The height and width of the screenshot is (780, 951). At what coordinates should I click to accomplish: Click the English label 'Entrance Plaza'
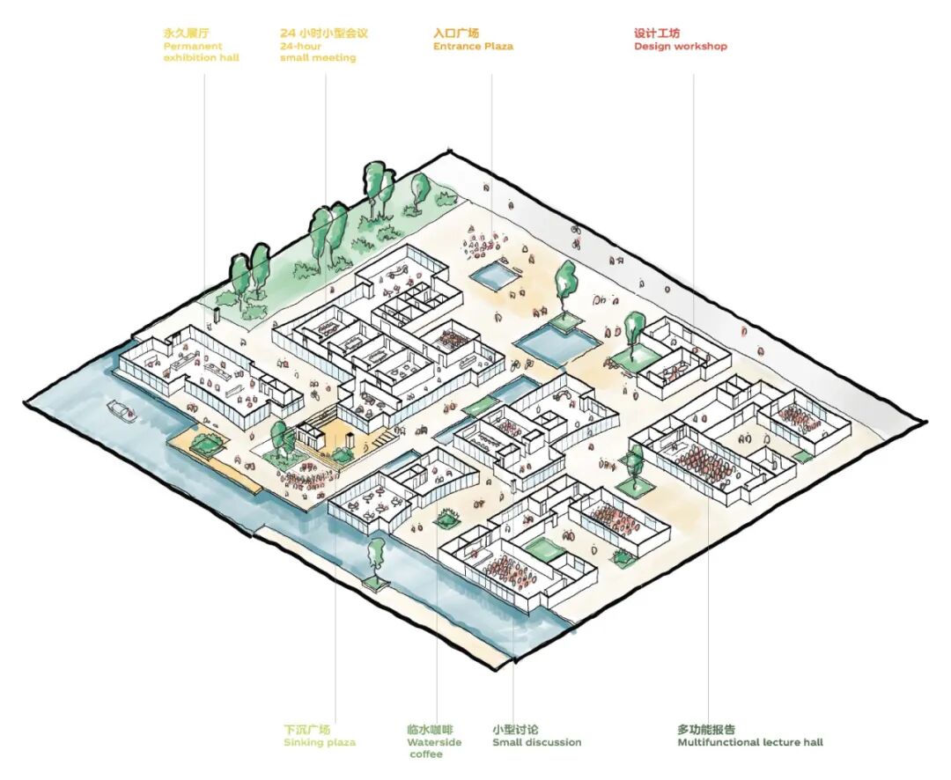pos(473,46)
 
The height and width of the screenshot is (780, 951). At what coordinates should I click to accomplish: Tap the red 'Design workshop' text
pos(681,46)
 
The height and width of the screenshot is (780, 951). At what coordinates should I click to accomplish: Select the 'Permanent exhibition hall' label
pos(201,52)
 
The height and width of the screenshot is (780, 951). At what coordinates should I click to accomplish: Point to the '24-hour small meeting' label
pos(318,52)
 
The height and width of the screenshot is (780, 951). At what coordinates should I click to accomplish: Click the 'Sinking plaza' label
pos(320,742)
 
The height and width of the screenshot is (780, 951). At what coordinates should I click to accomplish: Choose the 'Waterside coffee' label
pos(433,747)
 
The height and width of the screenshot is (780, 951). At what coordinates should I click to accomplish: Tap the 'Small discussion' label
pos(536,742)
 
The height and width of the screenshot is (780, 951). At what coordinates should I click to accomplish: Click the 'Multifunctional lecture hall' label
pos(750,742)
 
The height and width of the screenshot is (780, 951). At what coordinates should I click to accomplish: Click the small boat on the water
pos(120,408)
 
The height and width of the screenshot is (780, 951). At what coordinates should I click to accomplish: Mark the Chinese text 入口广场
pos(456,33)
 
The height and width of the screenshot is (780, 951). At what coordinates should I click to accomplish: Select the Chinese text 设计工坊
pos(657,33)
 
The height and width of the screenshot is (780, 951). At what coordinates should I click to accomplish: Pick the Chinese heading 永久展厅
pos(186,33)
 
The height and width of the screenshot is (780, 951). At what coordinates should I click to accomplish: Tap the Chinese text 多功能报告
pos(706,730)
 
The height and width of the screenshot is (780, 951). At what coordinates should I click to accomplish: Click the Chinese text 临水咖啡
pos(430,730)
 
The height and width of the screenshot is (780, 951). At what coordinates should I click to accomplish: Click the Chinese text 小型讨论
pos(515,730)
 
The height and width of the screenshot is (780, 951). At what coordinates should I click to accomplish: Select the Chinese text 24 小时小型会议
pos(324,33)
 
